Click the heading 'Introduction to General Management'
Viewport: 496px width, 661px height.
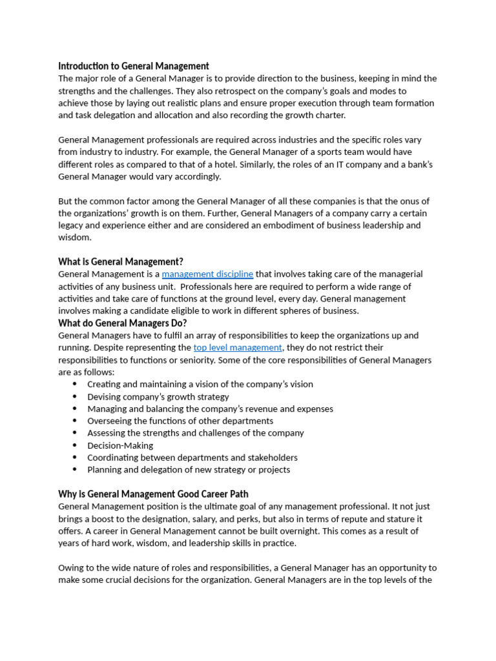134,66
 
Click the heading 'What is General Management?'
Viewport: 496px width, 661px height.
121,261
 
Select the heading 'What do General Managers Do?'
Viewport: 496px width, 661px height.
122,323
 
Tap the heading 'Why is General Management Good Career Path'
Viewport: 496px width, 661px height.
154,494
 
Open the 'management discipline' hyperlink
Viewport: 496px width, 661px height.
207,274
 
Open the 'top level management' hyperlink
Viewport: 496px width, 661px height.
238,347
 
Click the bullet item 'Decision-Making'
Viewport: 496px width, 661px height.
120,445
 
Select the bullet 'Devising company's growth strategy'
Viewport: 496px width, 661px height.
158,396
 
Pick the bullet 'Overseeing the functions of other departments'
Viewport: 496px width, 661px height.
180,421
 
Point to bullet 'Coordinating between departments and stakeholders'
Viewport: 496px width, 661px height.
192,458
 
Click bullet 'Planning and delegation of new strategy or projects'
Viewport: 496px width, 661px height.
189,470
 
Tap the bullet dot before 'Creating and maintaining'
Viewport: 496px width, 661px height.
75,384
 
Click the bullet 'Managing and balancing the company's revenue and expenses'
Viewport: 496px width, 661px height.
210,409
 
